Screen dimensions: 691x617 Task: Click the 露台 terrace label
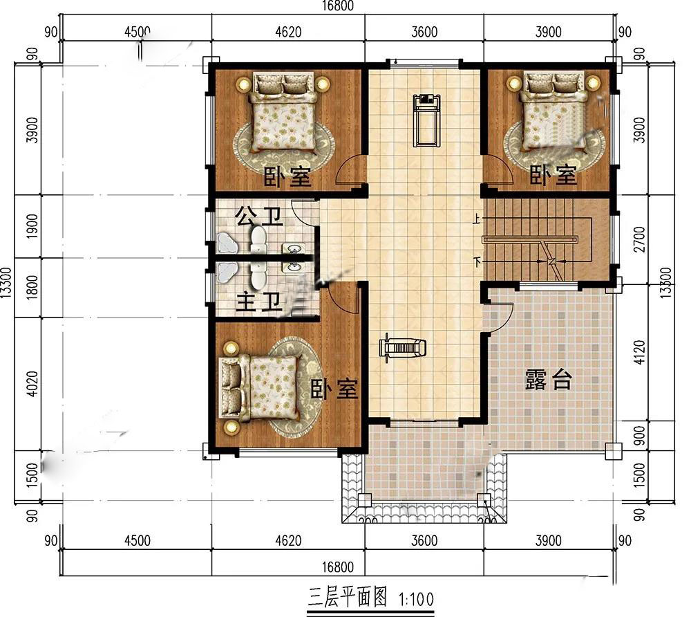[549, 380]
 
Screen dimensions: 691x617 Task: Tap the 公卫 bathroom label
[258, 216]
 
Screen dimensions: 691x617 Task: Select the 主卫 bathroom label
[259, 302]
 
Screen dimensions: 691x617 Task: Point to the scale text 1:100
[417, 599]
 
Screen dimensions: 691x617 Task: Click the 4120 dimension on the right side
[640, 352]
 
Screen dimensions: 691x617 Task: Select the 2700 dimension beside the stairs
[640, 239]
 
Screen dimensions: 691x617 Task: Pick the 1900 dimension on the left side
[32, 226]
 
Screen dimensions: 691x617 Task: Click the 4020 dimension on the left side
[32, 384]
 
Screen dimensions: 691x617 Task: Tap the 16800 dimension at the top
[338, 6]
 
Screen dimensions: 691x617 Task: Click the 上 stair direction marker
[476, 219]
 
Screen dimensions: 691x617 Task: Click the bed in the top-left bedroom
[283, 113]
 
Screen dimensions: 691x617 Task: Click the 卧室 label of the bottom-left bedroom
[334, 389]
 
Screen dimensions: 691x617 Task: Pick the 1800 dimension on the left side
[32, 287]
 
